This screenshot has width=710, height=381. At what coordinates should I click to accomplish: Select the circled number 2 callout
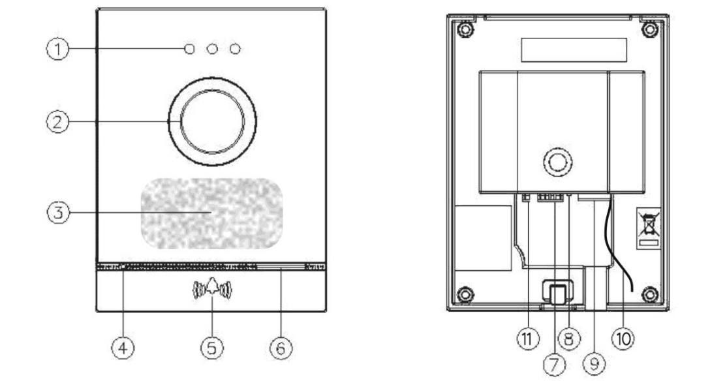(x=60, y=122)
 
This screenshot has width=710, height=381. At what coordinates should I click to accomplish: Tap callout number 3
(x=60, y=213)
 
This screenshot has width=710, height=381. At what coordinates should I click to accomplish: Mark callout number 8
(x=570, y=338)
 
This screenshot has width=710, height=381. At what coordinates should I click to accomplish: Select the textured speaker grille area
(x=211, y=213)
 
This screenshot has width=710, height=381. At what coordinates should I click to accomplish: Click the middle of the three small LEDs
(x=211, y=49)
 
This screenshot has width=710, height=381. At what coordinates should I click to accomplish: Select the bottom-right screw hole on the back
(x=648, y=294)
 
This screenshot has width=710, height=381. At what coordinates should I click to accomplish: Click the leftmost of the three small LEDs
(x=190, y=49)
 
